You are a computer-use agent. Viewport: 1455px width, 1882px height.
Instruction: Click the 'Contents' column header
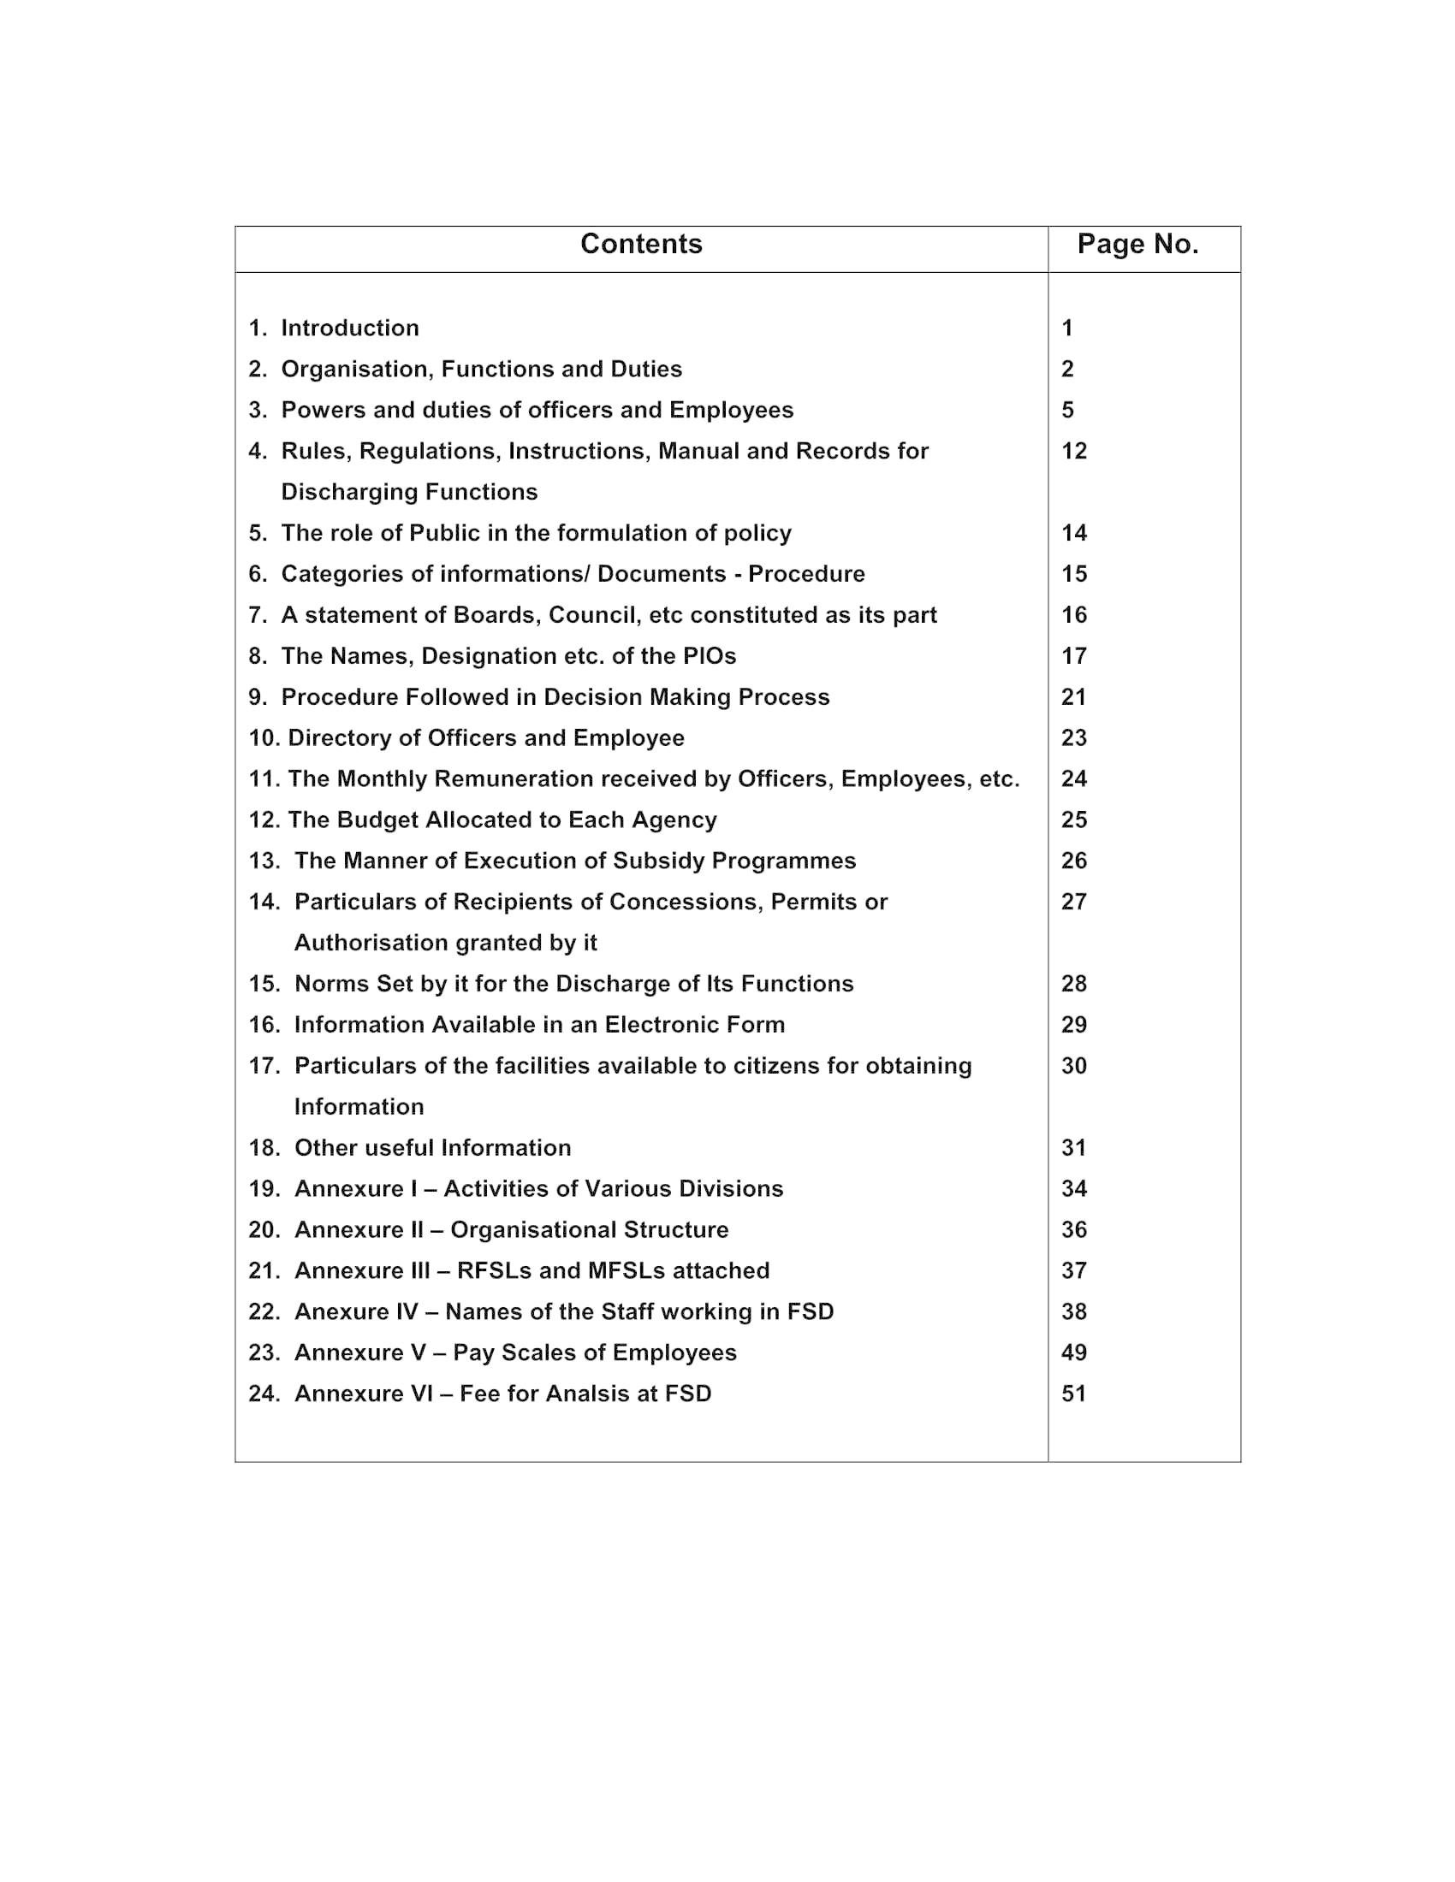coord(641,245)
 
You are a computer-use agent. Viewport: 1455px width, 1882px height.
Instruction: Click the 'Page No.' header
coord(1137,245)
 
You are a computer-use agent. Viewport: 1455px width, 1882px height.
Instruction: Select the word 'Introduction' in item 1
coord(350,328)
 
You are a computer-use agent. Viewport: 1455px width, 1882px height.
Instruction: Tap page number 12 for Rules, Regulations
coord(1074,451)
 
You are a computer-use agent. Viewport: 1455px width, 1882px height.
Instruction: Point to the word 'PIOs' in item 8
coord(710,656)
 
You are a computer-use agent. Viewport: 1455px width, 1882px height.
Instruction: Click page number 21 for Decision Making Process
coord(1074,696)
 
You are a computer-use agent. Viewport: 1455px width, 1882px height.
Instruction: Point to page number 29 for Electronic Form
coord(1074,1025)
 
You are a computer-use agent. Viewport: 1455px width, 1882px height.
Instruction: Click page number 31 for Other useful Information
coord(1074,1148)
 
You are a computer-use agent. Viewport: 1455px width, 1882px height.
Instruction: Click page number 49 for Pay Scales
coord(1074,1353)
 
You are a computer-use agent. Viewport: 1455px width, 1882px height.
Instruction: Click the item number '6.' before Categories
coord(258,574)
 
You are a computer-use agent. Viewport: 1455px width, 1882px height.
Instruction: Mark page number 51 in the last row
coord(1074,1394)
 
